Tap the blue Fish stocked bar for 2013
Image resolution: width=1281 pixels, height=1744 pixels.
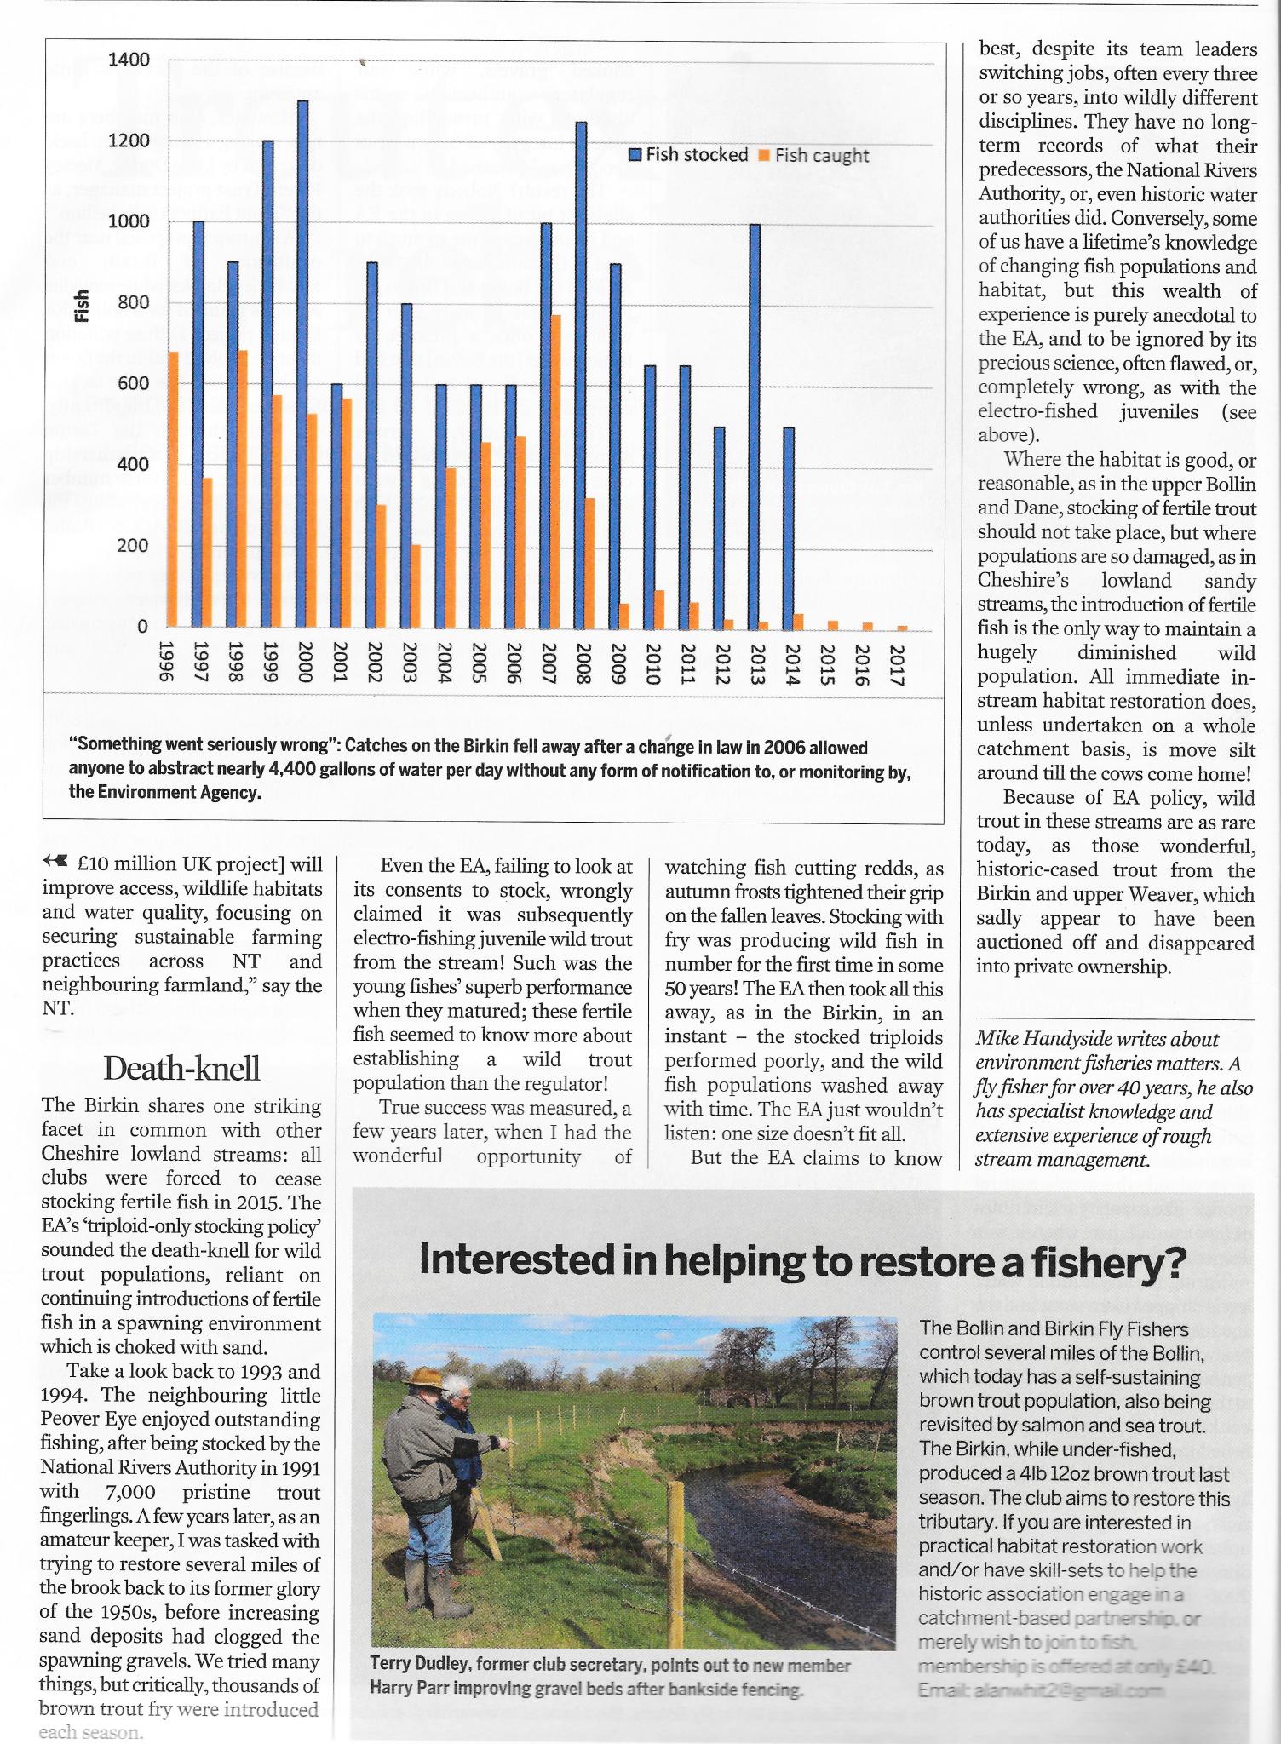pos(755,426)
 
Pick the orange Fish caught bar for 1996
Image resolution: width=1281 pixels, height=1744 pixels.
pos(173,489)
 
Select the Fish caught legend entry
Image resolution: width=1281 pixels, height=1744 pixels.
pos(813,155)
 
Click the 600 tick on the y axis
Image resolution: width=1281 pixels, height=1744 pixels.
pos(133,383)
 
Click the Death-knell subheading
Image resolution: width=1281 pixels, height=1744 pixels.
pos(181,1068)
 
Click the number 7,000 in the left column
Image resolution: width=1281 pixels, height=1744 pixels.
pos(130,1492)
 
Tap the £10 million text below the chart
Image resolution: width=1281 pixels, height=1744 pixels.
pos(126,864)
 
